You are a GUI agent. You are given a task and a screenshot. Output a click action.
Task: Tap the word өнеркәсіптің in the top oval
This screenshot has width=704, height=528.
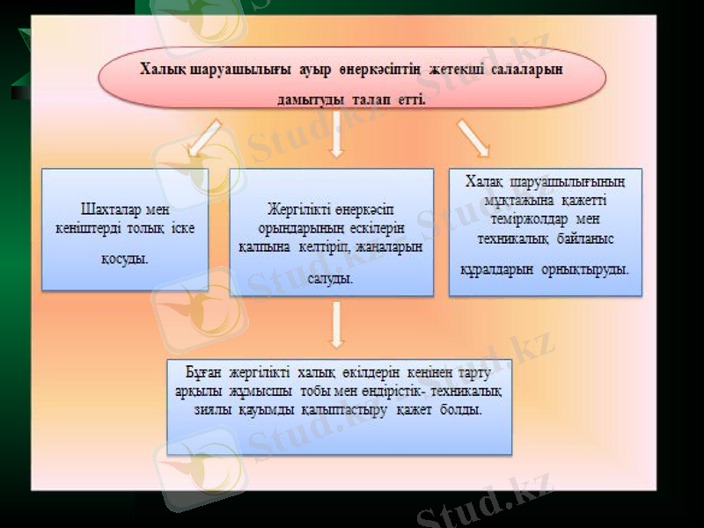point(370,70)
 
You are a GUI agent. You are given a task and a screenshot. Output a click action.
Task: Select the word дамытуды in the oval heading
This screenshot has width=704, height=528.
point(308,100)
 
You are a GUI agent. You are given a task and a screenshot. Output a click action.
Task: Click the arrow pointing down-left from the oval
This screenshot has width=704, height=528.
point(205,139)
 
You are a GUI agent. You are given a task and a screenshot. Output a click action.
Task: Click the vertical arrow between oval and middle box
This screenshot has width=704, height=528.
point(335,138)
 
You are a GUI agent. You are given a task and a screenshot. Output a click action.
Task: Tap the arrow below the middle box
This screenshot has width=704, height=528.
point(335,325)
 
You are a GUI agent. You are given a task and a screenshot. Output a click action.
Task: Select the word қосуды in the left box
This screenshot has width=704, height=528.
point(124,260)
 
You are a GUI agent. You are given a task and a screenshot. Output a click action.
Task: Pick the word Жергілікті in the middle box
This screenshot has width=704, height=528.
point(298,209)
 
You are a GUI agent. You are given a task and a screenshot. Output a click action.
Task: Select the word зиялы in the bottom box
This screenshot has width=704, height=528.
point(211,409)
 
